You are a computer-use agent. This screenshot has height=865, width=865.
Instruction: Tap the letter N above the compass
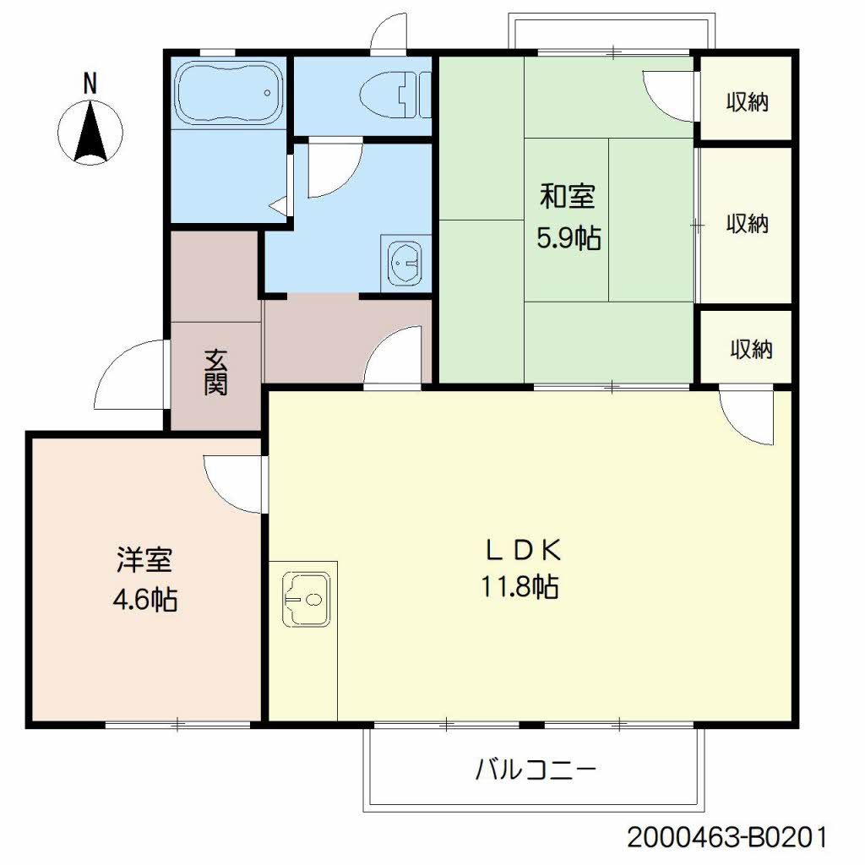click(x=90, y=83)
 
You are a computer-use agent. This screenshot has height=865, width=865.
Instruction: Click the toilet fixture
click(x=393, y=94)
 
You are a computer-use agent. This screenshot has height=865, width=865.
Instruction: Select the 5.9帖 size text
click(x=568, y=239)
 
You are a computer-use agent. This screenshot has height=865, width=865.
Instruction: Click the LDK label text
click(x=522, y=550)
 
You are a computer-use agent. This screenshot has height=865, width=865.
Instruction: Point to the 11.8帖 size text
click(x=520, y=586)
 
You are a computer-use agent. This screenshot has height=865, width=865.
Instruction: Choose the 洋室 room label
click(x=145, y=561)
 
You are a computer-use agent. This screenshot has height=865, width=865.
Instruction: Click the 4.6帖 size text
click(x=145, y=599)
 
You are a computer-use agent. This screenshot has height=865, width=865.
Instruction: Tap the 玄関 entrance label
click(x=215, y=373)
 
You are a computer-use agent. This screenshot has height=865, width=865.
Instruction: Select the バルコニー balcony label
click(x=536, y=770)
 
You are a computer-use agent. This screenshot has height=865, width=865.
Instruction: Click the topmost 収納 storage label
click(x=747, y=102)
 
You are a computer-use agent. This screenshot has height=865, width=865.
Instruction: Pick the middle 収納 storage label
click(x=747, y=224)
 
